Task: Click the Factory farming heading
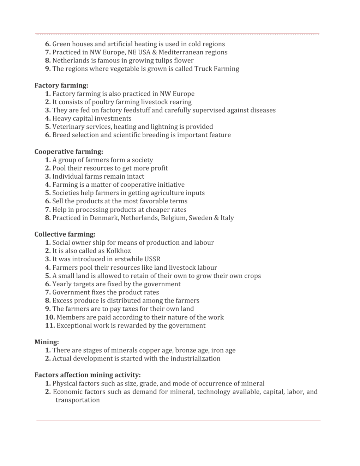(61, 85)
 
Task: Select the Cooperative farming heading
(68, 152)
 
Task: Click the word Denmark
(103, 218)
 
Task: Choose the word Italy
(227, 218)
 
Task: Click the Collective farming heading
(65, 234)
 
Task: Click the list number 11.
(50, 325)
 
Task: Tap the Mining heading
(47, 342)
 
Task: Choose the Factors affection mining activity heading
(87, 375)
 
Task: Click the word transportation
(78, 400)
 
